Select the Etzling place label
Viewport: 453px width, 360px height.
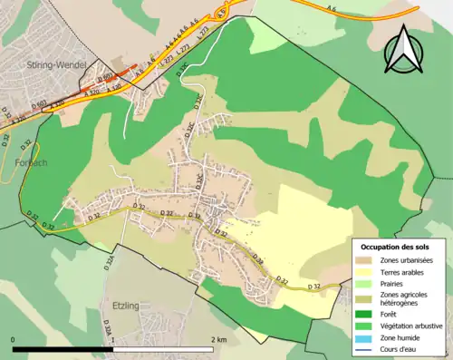click(x=126, y=306)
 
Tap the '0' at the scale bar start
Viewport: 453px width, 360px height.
click(x=13, y=339)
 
